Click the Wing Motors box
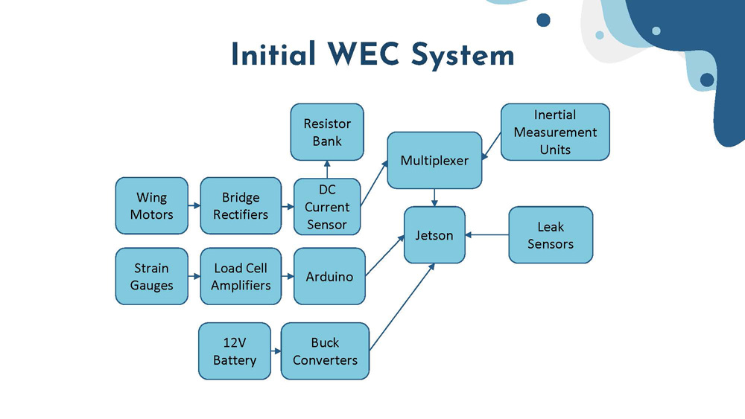coord(151,206)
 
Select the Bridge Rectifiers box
coord(241,206)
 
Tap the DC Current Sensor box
coord(326,207)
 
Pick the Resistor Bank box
coord(327,132)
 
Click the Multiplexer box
coord(434,160)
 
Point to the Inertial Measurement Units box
coord(555,132)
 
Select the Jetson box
coord(434,235)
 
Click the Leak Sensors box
coord(551,235)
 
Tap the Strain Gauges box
coord(151,276)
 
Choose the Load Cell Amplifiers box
coord(241,276)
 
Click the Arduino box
coord(329,276)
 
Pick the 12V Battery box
coord(235,351)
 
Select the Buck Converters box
coord(325,351)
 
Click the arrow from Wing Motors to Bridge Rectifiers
coord(194,206)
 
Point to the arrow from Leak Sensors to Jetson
coord(486,235)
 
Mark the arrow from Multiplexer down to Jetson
coord(434,197)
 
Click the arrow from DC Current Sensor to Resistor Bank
coord(327,169)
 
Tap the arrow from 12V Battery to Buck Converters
coord(276,351)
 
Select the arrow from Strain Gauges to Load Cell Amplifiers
coord(194,276)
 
